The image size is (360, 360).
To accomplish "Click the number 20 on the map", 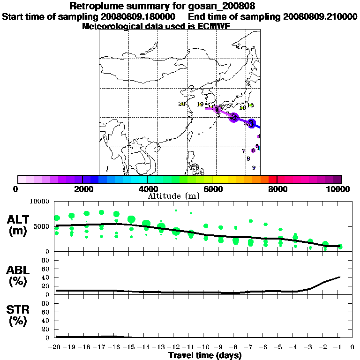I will [x=182, y=104].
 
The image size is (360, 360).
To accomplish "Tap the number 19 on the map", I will [x=200, y=105].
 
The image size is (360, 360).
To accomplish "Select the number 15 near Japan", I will [x=250, y=105].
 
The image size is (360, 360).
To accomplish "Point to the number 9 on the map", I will [x=254, y=168].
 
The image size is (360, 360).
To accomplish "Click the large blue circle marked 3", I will [x=251, y=123].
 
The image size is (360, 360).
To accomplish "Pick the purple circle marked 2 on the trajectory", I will [x=233, y=117].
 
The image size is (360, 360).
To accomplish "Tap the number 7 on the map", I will [x=243, y=151].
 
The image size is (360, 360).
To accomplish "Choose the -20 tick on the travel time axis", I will [x=56, y=347].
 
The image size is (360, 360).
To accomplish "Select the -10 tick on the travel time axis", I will [x=205, y=347].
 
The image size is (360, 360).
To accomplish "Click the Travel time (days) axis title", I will [x=205, y=356].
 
